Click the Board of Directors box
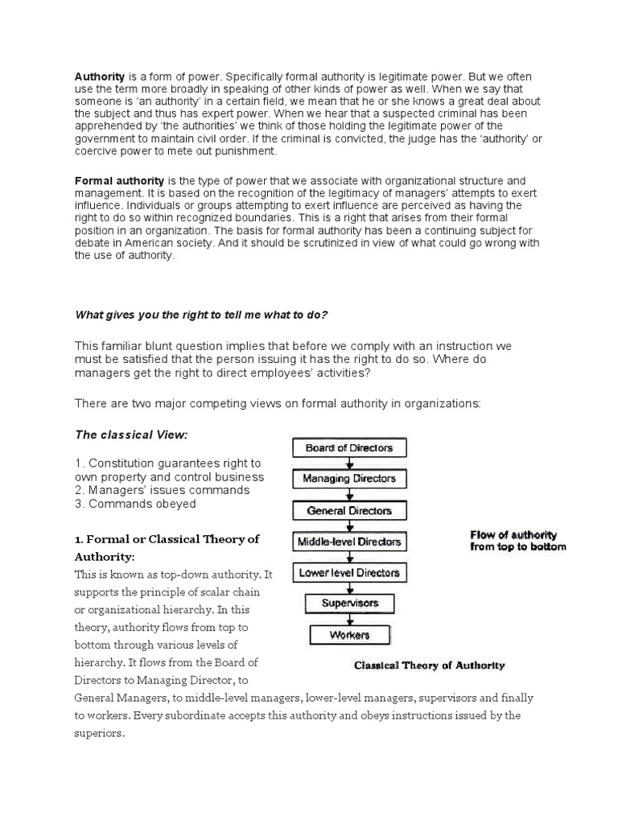348,448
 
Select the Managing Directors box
348,479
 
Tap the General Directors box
349,510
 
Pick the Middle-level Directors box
349,542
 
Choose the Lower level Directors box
349,573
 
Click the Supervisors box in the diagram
349,603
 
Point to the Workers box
349,635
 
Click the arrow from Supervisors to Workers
349,619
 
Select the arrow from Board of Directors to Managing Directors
349,463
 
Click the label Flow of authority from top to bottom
518,540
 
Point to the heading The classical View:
131,435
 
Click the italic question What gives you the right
202,314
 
